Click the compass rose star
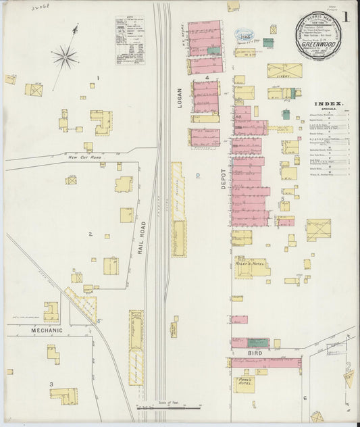pos(66,57)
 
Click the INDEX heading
pos(328,104)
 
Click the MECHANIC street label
pos(46,330)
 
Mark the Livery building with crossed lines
pos(284,71)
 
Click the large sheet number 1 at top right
pos(346,15)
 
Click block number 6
pos(305,398)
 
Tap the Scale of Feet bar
pos(169,407)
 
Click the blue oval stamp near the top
pos(242,33)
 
